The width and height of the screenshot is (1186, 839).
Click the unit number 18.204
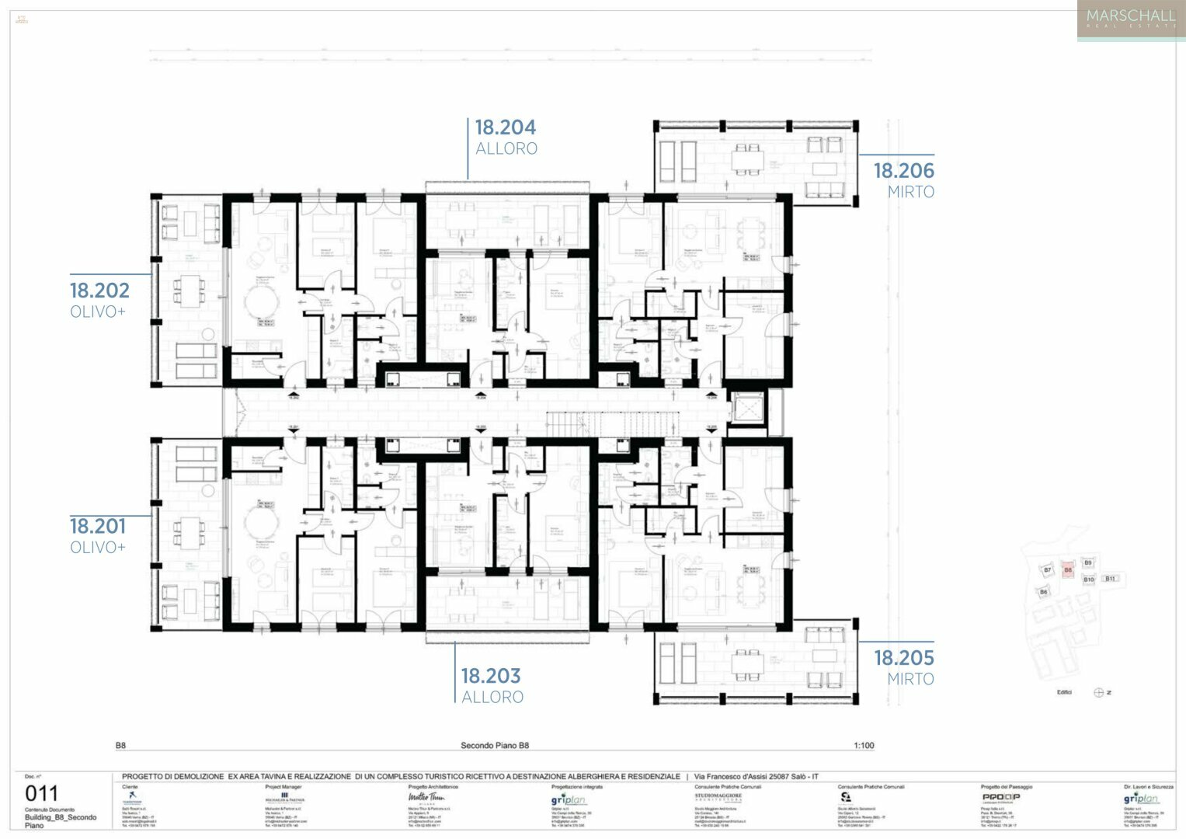click(x=506, y=127)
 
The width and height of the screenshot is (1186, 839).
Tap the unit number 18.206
click(x=903, y=171)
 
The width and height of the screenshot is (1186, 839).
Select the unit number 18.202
click(x=99, y=291)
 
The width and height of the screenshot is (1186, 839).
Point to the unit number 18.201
click(x=98, y=527)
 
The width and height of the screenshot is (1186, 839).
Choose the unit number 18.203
click(x=491, y=677)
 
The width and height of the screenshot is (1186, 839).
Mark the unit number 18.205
click(x=903, y=658)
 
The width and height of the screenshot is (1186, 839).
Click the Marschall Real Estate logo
click(x=1131, y=19)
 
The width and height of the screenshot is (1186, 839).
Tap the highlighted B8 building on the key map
click(x=1068, y=570)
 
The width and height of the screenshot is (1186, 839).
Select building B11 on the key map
click(x=1110, y=579)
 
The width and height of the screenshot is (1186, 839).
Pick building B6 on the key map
click(x=1043, y=592)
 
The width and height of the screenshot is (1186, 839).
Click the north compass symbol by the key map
click(x=1099, y=692)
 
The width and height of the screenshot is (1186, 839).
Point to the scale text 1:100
click(x=864, y=746)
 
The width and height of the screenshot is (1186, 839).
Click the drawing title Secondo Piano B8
click(x=495, y=746)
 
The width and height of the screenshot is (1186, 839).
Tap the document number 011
click(x=42, y=794)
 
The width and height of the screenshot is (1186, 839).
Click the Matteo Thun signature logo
click(x=426, y=798)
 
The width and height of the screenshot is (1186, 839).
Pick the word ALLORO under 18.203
click(x=492, y=698)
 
